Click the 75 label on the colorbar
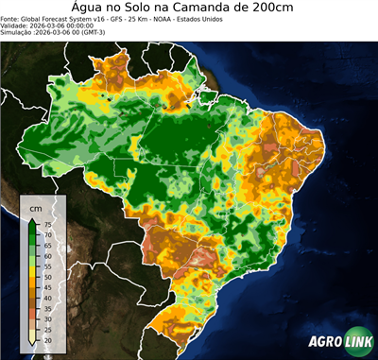(x=47, y=225)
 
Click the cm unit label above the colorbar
(x=36, y=207)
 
